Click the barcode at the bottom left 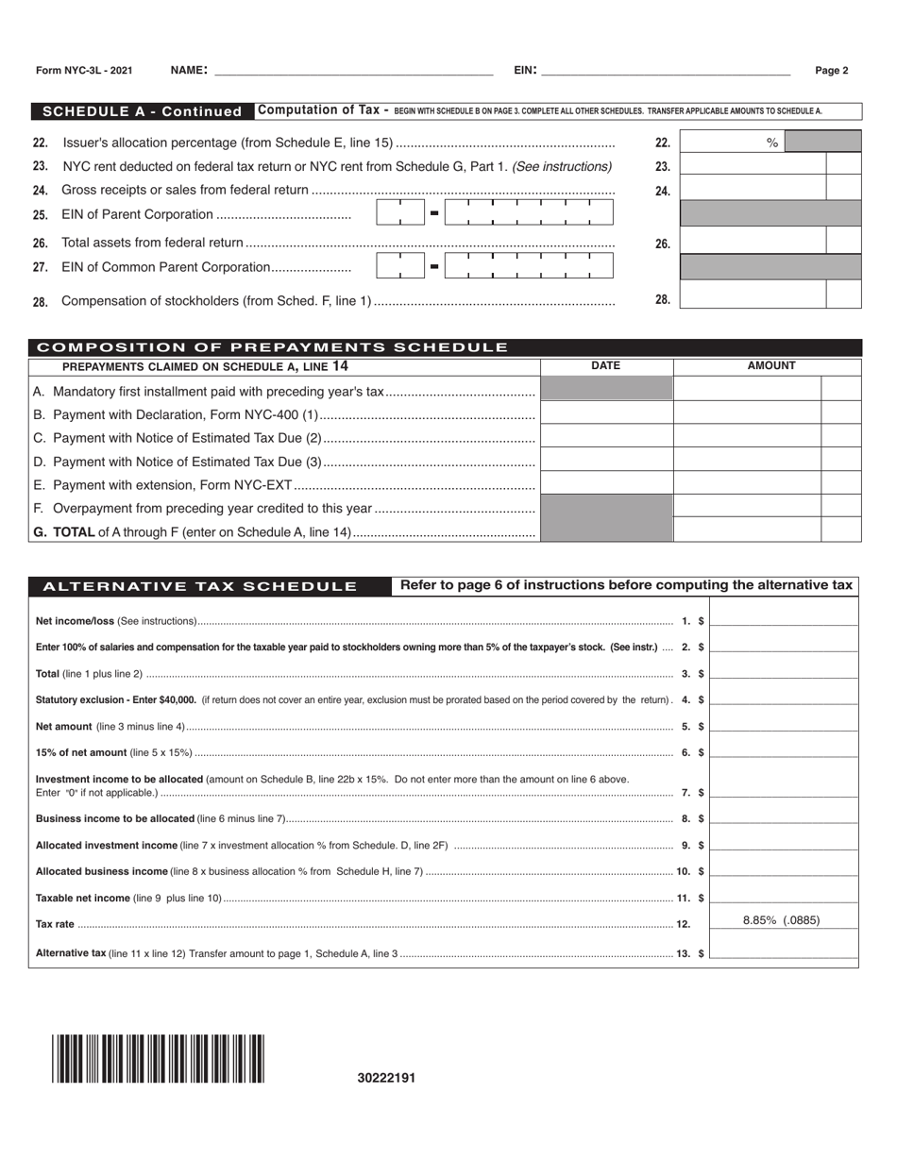tap(159, 1058)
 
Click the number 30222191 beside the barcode tap(386, 1078)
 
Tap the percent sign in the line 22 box tap(771, 143)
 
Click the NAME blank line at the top tap(353, 70)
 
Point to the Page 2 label tap(831, 71)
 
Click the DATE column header tap(605, 366)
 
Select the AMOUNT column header tap(770, 366)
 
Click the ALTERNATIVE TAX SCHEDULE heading tap(200, 586)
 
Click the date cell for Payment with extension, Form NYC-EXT tap(605, 483)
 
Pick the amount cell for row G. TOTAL tap(747, 530)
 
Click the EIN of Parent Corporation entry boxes tap(494, 213)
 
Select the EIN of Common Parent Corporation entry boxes tap(494, 266)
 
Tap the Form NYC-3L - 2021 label tap(84, 71)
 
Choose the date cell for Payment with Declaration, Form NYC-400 tap(605, 412)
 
